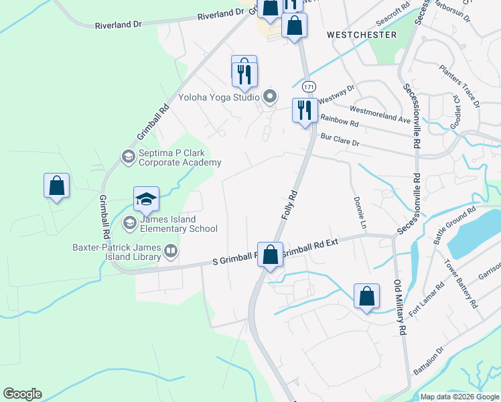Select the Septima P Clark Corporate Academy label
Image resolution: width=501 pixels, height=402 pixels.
coord(179,157)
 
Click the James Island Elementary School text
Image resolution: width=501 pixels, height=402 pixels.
coord(179,224)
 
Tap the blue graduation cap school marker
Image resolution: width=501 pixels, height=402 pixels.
coord(146,199)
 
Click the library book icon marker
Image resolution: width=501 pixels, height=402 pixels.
coord(171,252)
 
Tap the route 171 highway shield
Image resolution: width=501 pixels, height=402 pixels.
coord(309,87)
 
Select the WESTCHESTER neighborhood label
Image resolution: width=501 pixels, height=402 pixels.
coord(361,34)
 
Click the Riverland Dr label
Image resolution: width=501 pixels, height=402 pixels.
coord(119,24)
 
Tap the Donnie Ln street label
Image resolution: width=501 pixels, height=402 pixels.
coord(359,210)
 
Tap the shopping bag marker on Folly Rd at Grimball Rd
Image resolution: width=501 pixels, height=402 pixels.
coord(270,255)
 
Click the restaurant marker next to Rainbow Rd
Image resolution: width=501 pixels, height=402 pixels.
coord(305,109)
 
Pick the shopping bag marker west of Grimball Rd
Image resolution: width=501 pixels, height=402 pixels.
coord(57,186)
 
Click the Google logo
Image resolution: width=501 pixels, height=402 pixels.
coord(22,394)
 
